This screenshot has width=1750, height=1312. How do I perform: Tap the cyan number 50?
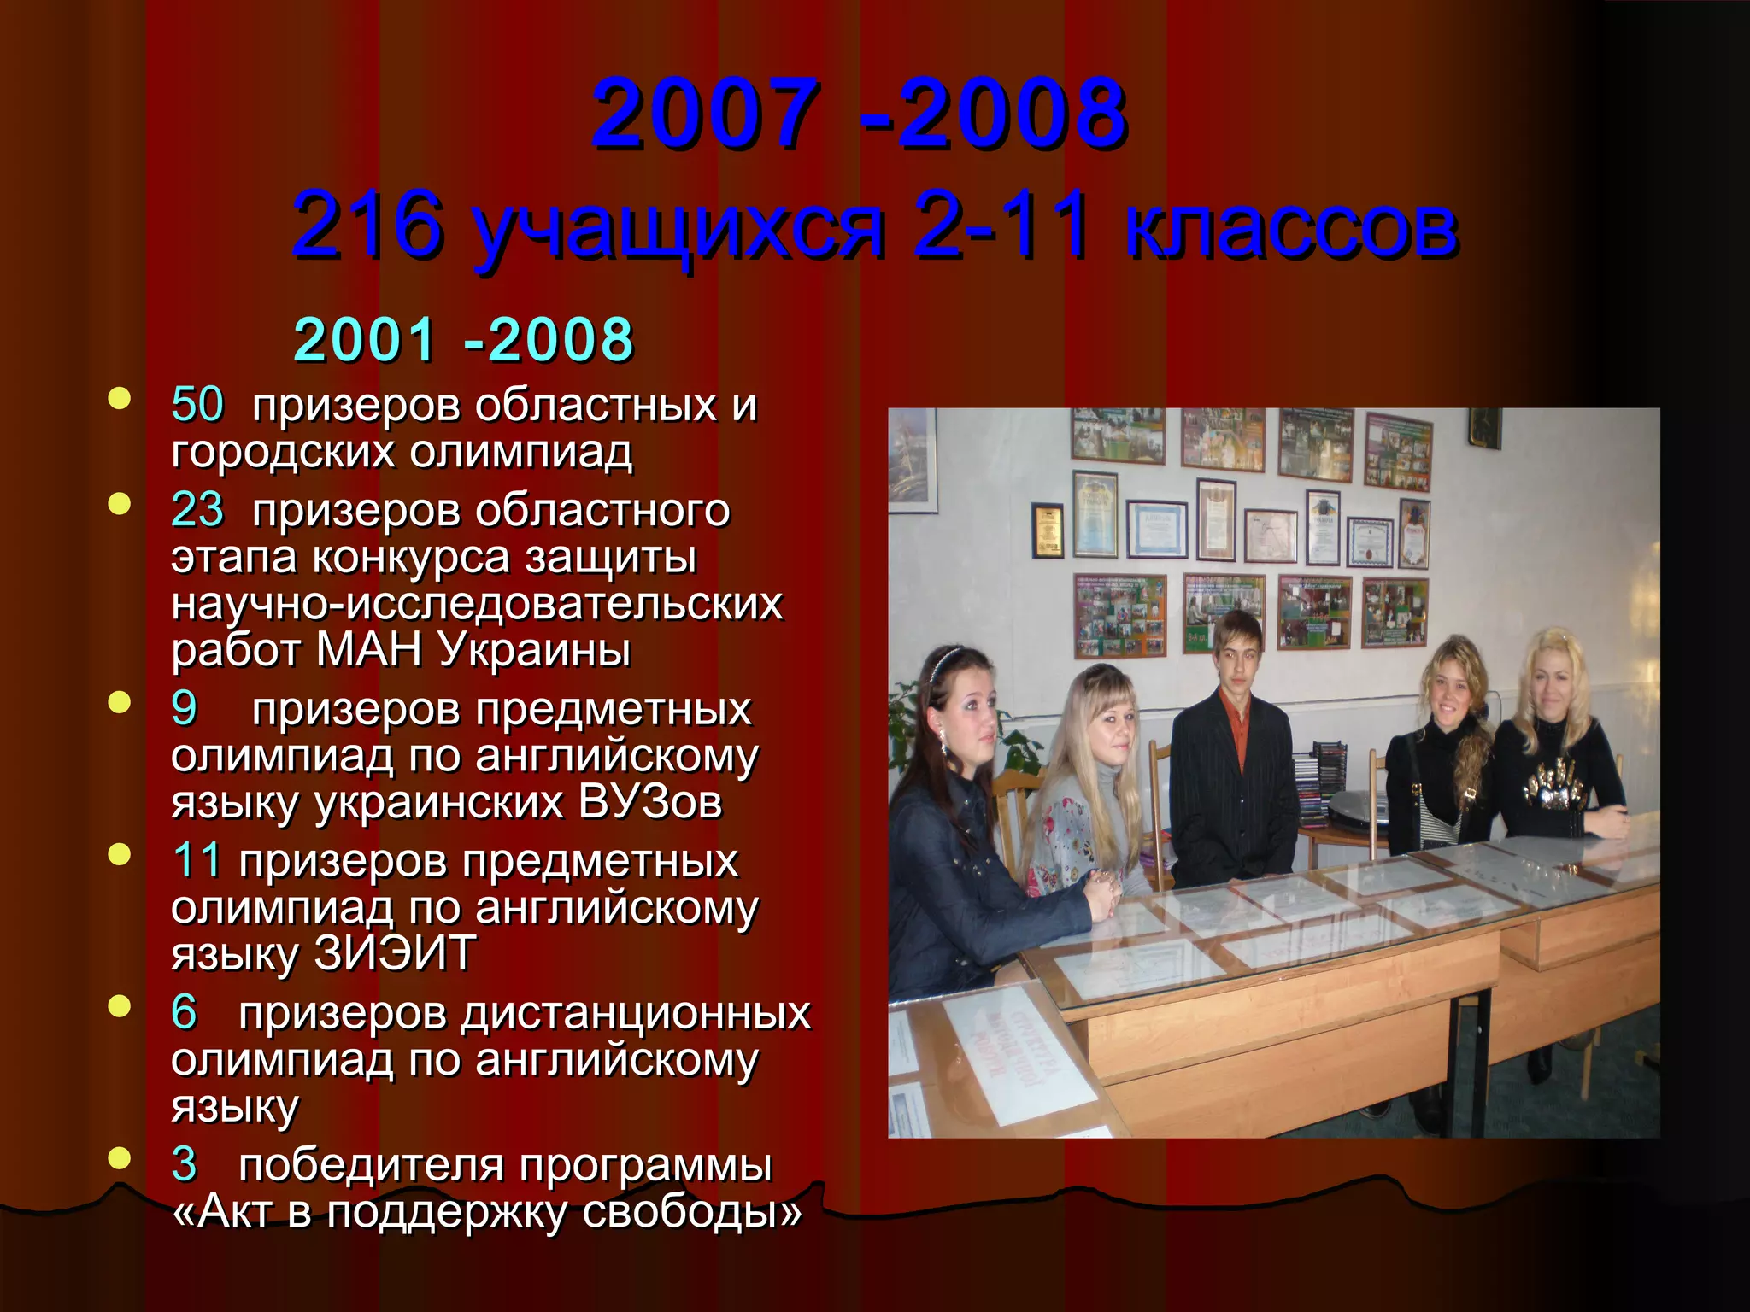(197, 404)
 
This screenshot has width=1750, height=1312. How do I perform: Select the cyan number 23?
(197, 510)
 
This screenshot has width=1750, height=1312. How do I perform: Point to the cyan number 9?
(184, 708)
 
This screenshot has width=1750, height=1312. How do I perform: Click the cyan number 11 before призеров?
(196, 859)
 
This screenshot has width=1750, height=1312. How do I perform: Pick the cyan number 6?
(184, 1012)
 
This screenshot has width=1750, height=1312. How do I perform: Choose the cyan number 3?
(184, 1163)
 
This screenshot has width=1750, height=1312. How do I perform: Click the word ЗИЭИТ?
(395, 954)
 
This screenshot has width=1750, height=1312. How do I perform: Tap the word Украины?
(534, 651)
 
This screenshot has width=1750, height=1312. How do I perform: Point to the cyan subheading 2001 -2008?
(463, 339)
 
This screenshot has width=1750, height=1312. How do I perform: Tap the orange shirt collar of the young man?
(1235, 708)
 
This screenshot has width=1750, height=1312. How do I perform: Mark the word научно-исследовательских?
(477, 604)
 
